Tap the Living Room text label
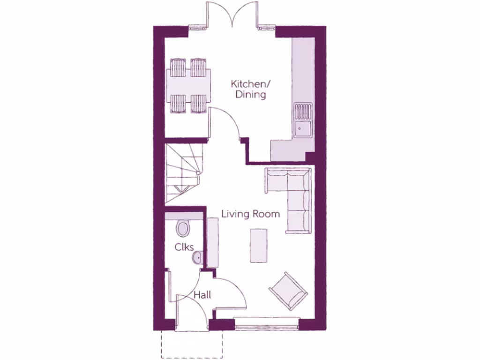(x=251, y=214)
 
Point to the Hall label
(x=202, y=295)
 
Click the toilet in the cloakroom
(x=183, y=229)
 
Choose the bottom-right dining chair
(x=199, y=104)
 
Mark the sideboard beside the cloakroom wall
(x=213, y=244)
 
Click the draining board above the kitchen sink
(x=302, y=111)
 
